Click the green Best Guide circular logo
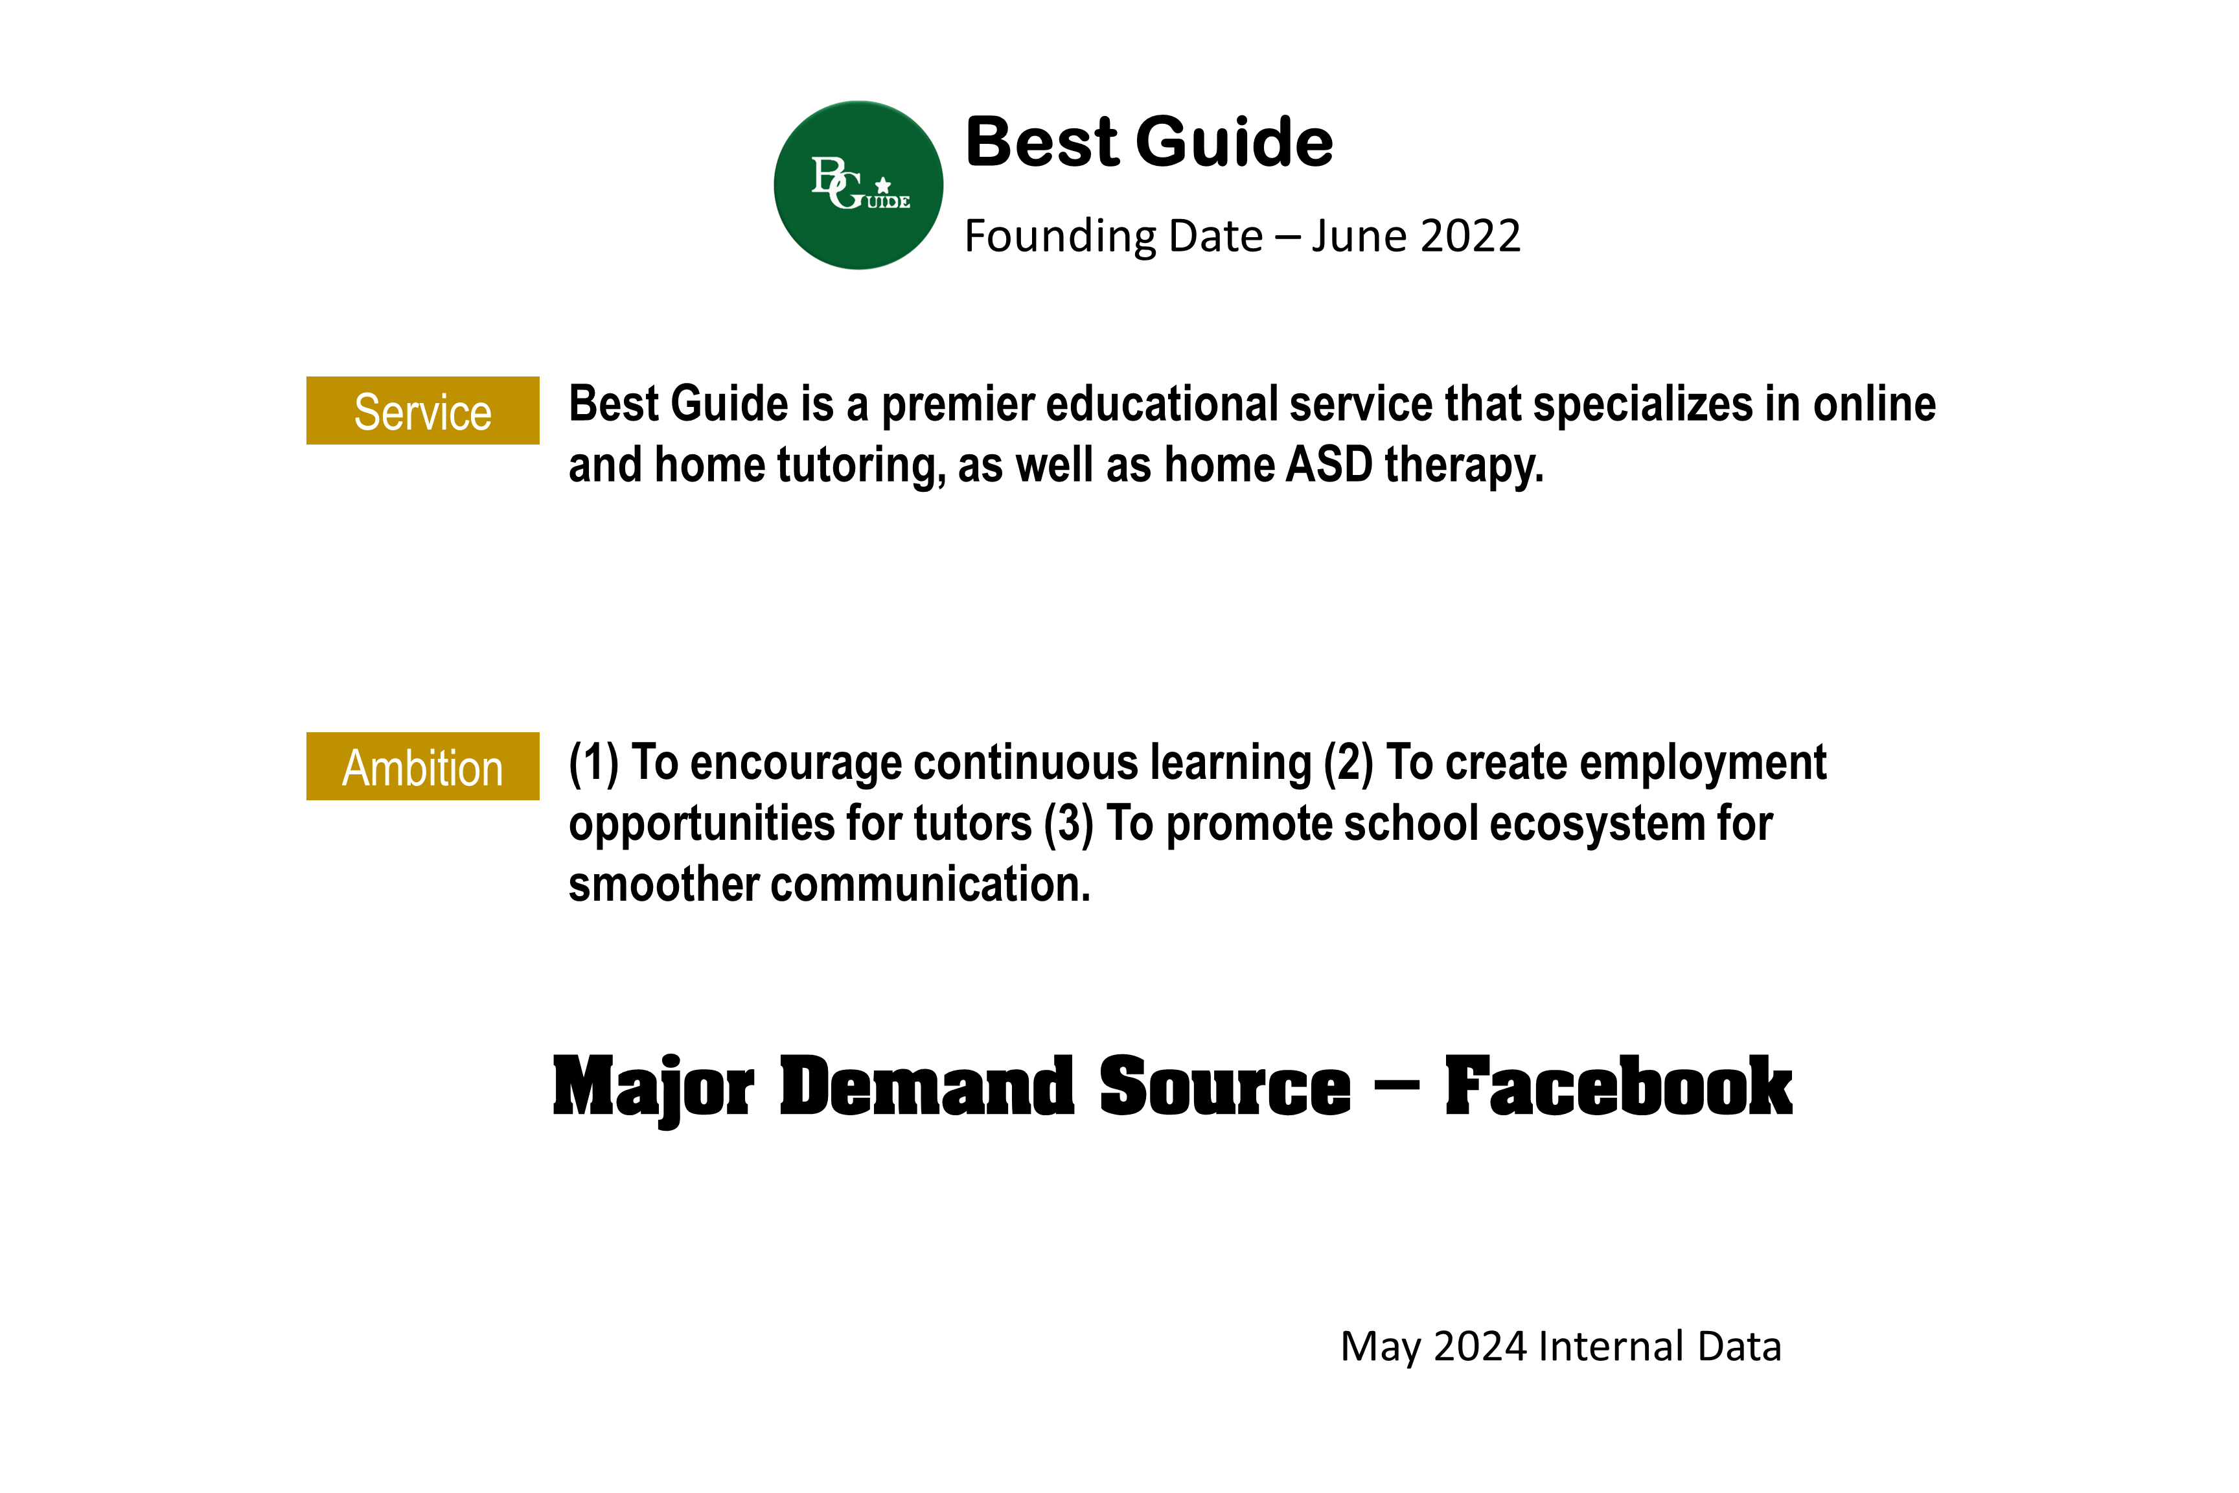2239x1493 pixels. (x=858, y=185)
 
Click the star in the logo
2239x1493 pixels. (x=884, y=185)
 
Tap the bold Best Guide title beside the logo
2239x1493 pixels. (x=1149, y=142)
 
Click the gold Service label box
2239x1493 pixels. (x=422, y=410)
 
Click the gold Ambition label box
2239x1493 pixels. (x=422, y=767)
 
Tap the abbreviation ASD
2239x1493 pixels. (x=1329, y=465)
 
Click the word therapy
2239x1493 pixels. (x=1464, y=467)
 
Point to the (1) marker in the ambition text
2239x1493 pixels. (x=594, y=763)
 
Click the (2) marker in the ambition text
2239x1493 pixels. (x=1349, y=763)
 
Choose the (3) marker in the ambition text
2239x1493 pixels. (x=1069, y=824)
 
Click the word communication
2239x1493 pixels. (x=930, y=885)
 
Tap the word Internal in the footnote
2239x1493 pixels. (x=1596, y=1347)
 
